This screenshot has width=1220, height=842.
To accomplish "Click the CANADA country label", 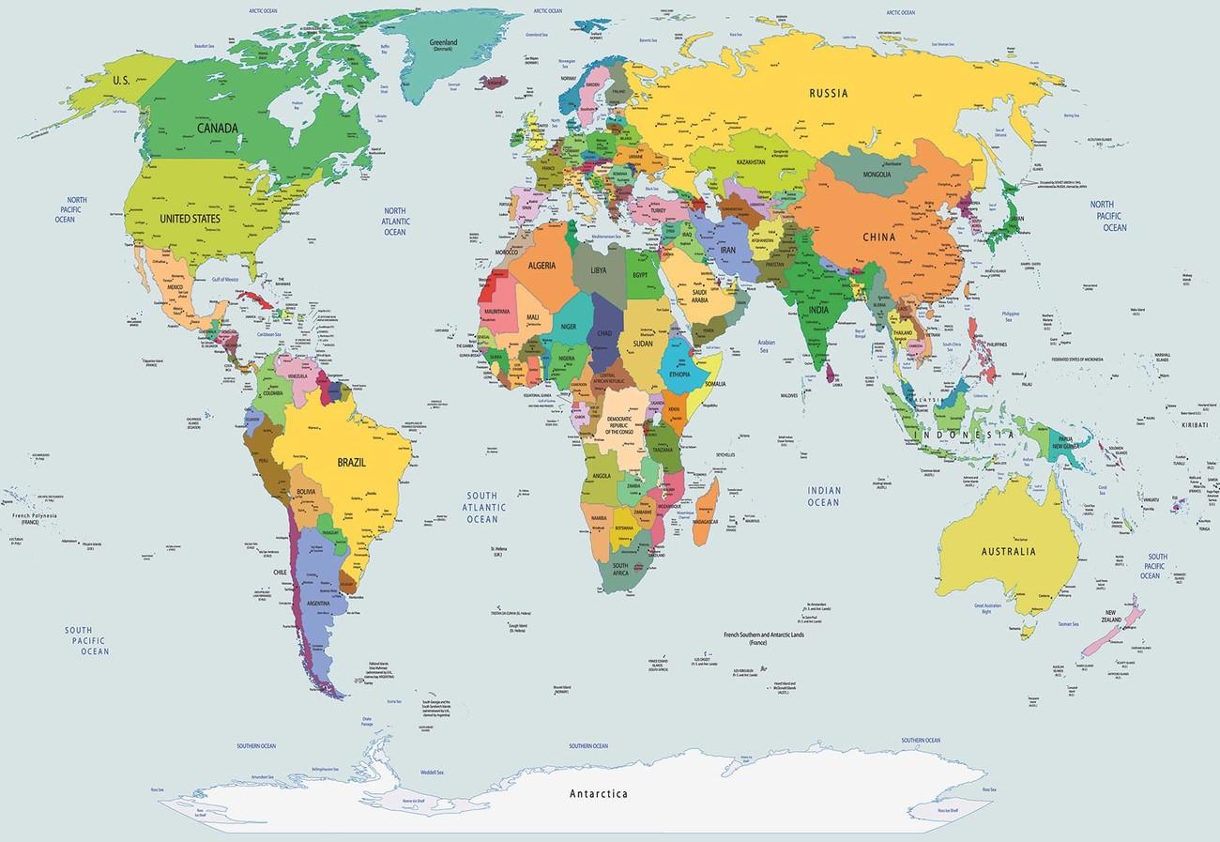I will click(x=217, y=127).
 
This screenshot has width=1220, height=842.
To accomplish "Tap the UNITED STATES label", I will click(x=190, y=219).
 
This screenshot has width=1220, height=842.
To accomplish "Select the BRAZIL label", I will click(x=351, y=462).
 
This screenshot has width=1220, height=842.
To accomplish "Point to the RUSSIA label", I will click(x=830, y=93).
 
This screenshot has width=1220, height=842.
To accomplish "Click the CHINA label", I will click(x=880, y=237).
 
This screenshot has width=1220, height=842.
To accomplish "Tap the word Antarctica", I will click(x=599, y=794).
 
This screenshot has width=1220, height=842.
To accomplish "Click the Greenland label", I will click(x=443, y=44).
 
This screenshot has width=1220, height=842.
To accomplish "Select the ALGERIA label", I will click(x=542, y=267).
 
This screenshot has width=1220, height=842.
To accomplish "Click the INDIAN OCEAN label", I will click(x=823, y=496).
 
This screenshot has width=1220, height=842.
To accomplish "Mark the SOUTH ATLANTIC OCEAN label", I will click(x=482, y=507).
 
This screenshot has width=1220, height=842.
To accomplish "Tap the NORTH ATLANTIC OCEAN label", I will click(x=394, y=221).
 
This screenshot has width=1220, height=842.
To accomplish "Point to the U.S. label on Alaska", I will click(x=121, y=82).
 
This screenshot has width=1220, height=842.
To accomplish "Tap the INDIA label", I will click(x=819, y=311).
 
